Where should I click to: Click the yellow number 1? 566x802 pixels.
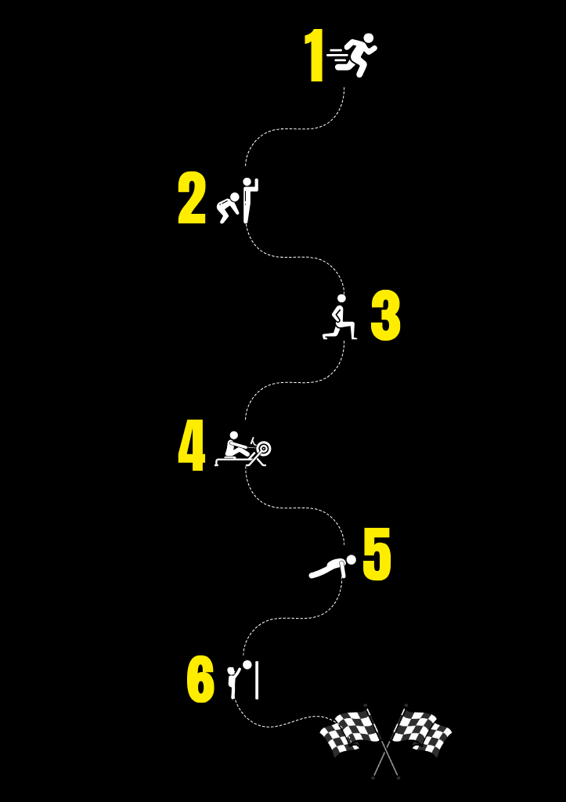[315, 56]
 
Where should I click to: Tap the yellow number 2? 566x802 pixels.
[192, 198]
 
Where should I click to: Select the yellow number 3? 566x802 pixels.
[385, 315]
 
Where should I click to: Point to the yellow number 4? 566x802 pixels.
[191, 445]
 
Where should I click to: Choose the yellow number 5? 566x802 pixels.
[377, 555]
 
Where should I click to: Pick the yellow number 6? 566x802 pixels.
[200, 679]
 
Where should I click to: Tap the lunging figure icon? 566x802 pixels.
[340, 317]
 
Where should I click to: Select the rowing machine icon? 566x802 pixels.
[243, 449]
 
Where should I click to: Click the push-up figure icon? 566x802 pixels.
[333, 567]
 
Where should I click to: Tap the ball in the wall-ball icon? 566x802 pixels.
[247, 665]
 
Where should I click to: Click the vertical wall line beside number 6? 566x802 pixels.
[257, 681]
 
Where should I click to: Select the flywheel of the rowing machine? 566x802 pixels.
[264, 449]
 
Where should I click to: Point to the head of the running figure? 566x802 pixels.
[368, 39]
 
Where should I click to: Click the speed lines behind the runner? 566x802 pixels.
[335, 58]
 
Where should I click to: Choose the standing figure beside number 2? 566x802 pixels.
[250, 200]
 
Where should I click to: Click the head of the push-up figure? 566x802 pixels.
[351, 559]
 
